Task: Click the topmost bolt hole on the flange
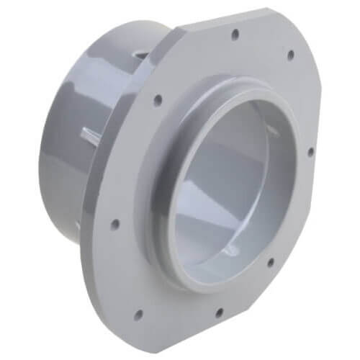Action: (x=235, y=33)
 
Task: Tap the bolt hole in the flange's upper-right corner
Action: (x=290, y=55)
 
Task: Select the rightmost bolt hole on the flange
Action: (x=310, y=152)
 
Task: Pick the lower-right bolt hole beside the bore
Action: (x=270, y=262)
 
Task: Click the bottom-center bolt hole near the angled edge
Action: (x=219, y=312)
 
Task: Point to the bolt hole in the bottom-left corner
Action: (x=137, y=313)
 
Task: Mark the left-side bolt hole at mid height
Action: (x=114, y=224)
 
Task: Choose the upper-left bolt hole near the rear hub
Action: (x=157, y=100)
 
